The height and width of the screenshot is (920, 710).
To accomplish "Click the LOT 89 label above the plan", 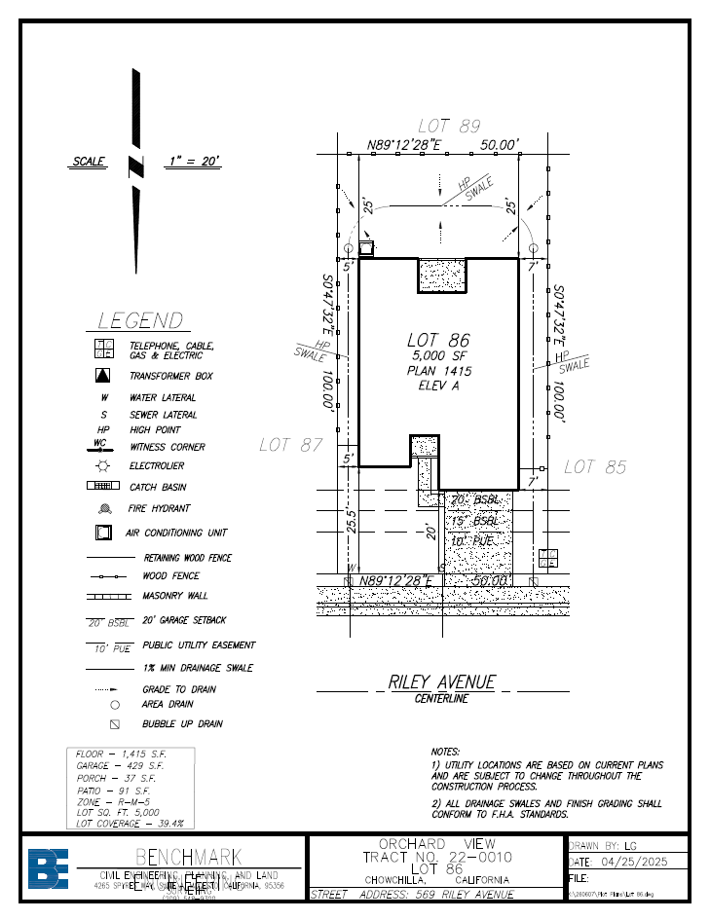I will pyautogui.click(x=449, y=127).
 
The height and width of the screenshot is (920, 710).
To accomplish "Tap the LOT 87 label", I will pyautogui.click(x=290, y=445).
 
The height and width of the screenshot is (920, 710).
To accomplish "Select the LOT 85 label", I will pyautogui.click(x=594, y=467).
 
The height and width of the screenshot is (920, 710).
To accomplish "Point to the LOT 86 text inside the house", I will pyautogui.click(x=438, y=340).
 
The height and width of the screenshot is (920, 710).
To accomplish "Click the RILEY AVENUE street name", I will pyautogui.click(x=441, y=682).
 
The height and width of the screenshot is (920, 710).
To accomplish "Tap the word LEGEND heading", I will pyautogui.click(x=139, y=320).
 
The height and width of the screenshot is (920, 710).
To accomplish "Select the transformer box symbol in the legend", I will pyautogui.click(x=103, y=376).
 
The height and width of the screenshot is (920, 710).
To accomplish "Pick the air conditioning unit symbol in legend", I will pyautogui.click(x=103, y=534).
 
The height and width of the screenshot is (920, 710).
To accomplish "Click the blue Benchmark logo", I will pyautogui.click(x=48, y=869).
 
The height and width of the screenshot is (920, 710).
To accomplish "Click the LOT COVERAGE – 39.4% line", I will pyautogui.click(x=130, y=823).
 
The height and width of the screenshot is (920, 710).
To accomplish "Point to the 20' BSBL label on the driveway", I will pyautogui.click(x=474, y=500).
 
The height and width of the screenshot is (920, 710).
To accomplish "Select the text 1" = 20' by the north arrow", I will pyautogui.click(x=193, y=162).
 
